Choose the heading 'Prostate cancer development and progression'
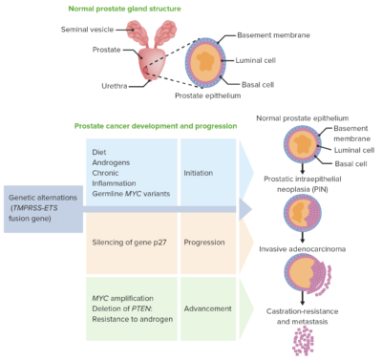click(x=156, y=126)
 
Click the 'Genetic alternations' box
click(x=41, y=208)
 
